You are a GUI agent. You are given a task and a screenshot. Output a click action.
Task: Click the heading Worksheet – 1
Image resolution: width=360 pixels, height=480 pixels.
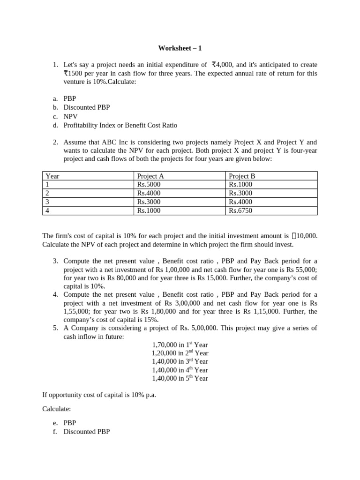[x=180, y=48]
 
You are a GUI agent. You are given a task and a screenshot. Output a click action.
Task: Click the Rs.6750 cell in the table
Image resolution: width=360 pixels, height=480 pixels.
[x=240, y=210]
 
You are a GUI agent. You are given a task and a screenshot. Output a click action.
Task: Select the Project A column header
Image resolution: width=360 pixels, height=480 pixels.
[x=150, y=176]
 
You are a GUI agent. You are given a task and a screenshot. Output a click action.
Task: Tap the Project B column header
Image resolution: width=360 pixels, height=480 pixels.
[x=242, y=176]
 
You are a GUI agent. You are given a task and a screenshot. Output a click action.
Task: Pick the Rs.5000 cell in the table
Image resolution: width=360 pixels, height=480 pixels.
[x=149, y=184]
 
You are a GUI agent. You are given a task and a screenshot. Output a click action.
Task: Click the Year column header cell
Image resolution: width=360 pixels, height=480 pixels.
[x=52, y=176]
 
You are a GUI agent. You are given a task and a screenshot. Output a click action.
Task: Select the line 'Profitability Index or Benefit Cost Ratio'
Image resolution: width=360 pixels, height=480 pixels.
[x=120, y=125]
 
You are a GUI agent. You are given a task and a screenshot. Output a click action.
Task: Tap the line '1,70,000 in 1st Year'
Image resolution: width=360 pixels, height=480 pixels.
[x=180, y=345]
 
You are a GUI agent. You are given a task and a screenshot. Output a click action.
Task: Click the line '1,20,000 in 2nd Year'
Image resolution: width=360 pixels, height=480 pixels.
[x=180, y=353]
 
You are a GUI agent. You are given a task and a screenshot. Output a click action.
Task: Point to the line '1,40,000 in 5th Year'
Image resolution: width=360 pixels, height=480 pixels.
[x=180, y=378]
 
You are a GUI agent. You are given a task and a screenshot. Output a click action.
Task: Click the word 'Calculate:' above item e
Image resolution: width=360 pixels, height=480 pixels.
[x=56, y=409]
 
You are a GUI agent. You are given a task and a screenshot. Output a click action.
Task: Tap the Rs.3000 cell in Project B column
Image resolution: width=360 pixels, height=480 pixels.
[x=240, y=193]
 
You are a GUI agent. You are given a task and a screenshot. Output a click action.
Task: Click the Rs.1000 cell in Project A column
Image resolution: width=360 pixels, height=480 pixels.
[x=149, y=210]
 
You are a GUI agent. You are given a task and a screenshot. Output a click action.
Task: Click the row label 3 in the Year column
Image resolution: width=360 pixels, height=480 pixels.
[x=47, y=202]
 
